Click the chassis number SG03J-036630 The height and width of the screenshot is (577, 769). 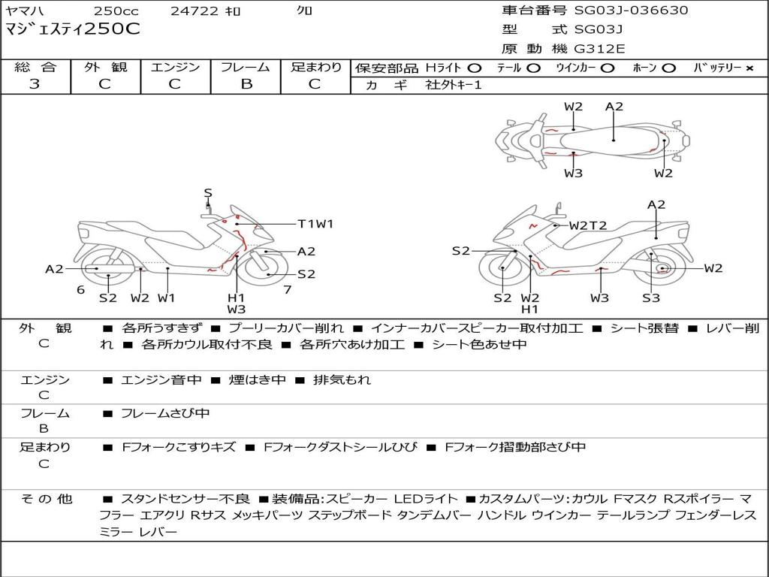point(631,10)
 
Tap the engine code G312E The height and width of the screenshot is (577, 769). point(599,49)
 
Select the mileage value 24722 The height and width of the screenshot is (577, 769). point(195,11)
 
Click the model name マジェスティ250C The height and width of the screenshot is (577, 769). point(73,29)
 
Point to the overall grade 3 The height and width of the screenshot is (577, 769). point(35,84)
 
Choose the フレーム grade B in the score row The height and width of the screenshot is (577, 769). point(246,84)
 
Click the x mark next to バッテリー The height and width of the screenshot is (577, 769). point(749,68)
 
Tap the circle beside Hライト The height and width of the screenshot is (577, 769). point(474,68)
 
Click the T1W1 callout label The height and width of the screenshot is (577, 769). point(315,224)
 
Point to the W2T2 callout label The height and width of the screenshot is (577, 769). point(587,225)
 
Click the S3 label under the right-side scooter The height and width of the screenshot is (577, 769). point(651,298)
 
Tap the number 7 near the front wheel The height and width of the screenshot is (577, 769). point(288,290)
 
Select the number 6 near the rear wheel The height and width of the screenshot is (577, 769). point(81,290)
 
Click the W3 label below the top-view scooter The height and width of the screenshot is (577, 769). point(573,174)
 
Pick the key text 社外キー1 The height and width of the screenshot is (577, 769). point(454,85)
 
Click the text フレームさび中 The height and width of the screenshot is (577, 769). point(165,414)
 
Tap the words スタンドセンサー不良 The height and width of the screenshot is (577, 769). point(185,499)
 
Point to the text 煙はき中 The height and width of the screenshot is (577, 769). point(257,379)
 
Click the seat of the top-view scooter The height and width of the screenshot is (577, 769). point(613,140)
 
